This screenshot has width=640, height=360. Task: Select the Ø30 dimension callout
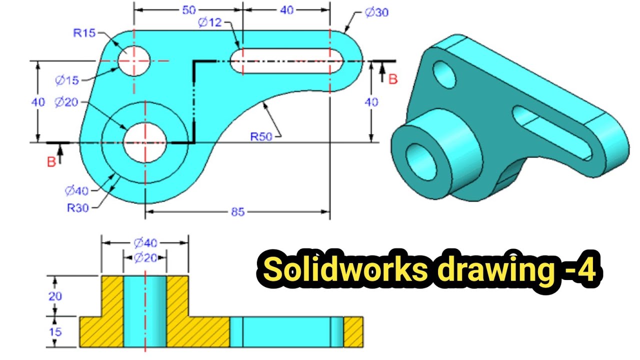click(376, 13)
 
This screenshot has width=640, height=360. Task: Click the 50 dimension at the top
click(188, 10)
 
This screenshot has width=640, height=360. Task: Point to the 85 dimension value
click(238, 212)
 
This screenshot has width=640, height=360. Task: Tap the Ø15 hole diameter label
click(67, 80)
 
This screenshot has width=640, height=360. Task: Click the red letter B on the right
click(393, 79)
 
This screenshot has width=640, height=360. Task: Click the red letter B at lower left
click(51, 162)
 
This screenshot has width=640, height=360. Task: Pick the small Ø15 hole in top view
click(134, 61)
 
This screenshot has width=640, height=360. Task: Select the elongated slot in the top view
click(286, 61)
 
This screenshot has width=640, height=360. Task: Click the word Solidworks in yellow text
click(344, 270)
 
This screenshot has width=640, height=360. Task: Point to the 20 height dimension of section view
click(55, 296)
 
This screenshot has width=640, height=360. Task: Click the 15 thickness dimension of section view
click(55, 331)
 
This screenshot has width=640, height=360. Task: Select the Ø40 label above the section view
click(145, 243)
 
